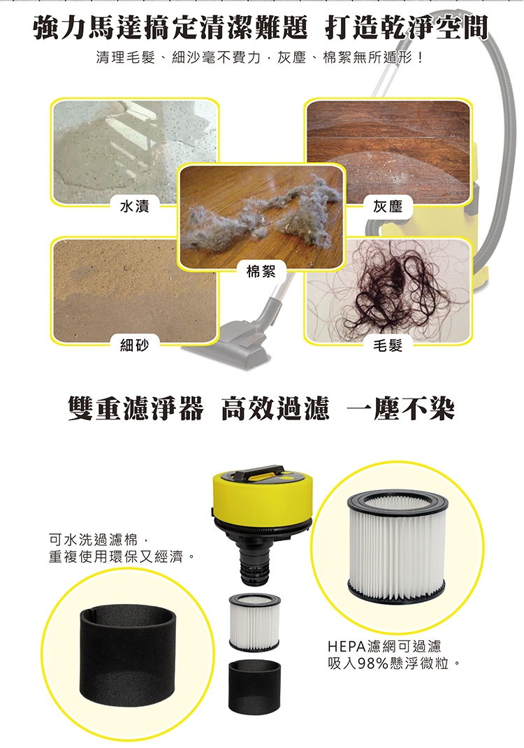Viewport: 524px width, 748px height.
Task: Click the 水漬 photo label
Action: click(x=135, y=206)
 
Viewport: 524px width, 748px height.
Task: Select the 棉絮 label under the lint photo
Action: click(x=261, y=271)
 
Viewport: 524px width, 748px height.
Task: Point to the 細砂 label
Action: click(x=135, y=343)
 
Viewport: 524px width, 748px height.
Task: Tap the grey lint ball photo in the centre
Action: click(x=262, y=213)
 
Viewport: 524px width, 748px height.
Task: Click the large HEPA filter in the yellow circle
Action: click(x=396, y=545)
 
